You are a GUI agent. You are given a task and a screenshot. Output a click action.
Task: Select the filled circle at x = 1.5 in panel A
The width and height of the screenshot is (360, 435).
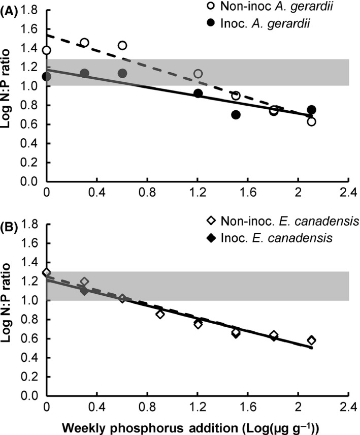point(236,115)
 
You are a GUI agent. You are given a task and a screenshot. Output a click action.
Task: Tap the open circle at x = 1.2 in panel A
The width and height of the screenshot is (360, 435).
point(198,74)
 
